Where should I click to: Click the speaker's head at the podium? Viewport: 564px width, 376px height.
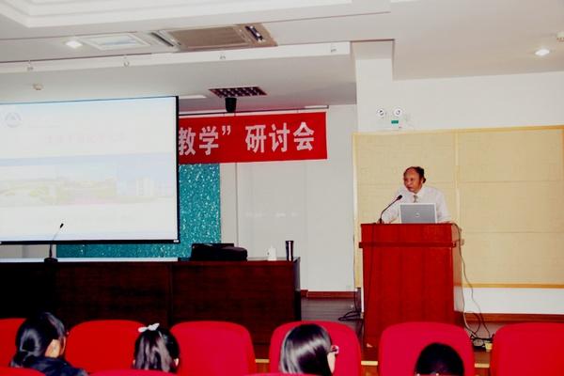click(x=414, y=178)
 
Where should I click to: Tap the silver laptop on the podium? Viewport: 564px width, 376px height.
click(x=418, y=213)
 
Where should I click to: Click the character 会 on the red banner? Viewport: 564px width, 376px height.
click(x=303, y=137)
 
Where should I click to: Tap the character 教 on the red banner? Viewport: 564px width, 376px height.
click(x=191, y=140)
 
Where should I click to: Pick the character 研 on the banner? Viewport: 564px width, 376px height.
click(x=256, y=138)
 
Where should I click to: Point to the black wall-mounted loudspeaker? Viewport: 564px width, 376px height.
click(x=230, y=104)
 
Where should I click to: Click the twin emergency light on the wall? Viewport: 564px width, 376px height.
click(x=389, y=114)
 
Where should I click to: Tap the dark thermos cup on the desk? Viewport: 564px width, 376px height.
click(x=289, y=250)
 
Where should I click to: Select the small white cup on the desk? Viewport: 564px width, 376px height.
click(x=272, y=253)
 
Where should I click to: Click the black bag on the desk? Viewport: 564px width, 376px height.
click(x=218, y=252)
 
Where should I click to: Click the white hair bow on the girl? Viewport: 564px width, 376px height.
click(x=149, y=328)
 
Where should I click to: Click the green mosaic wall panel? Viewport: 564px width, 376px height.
click(x=199, y=207)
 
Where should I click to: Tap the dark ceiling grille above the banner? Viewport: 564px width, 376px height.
click(x=237, y=92)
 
